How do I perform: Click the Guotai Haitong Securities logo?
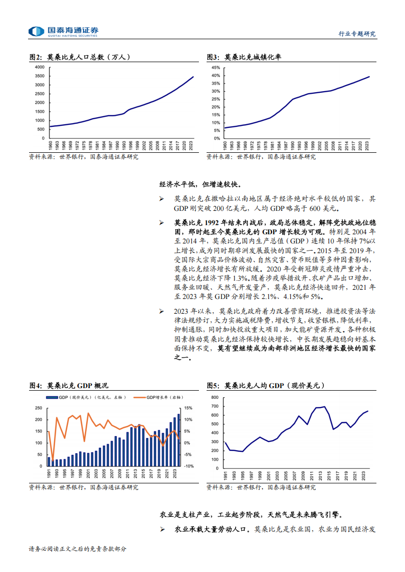point(63,32)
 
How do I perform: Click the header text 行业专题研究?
point(357,34)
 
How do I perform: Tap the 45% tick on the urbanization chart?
point(215,67)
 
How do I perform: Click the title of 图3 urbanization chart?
point(244,57)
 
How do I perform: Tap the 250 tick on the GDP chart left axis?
point(39,408)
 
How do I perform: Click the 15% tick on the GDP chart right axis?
point(188,408)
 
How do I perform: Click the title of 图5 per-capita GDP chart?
point(265,386)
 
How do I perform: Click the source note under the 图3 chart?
point(261,157)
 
